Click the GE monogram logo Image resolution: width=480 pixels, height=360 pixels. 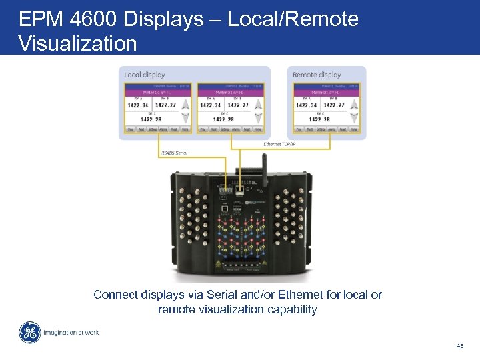click(x=29, y=333)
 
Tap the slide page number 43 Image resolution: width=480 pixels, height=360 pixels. click(x=459, y=345)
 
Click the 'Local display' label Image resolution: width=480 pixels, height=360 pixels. click(x=145, y=75)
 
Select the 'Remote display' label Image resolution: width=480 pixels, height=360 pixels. click(x=317, y=75)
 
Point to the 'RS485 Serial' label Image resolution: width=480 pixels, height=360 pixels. click(x=175, y=153)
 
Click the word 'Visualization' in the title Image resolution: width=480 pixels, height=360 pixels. click(x=78, y=43)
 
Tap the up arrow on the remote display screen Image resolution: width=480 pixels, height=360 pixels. click(x=353, y=104)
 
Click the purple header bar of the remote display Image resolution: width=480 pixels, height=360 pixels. click(x=326, y=91)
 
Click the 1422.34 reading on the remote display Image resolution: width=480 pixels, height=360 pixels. click(x=306, y=105)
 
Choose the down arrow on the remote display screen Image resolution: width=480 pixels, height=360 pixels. click(x=353, y=119)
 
